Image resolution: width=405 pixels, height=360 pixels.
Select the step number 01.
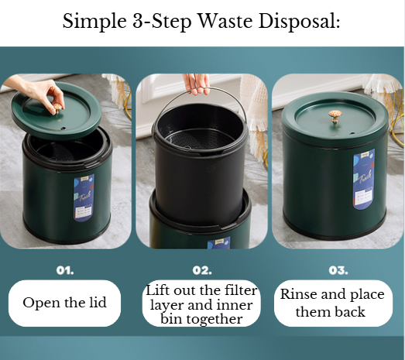pyautogui.click(x=65, y=271)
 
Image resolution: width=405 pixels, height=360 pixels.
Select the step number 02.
pyautogui.click(x=202, y=271)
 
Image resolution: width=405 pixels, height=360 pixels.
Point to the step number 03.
pyautogui.click(x=338, y=271)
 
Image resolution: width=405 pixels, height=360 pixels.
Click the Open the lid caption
pyautogui.click(x=65, y=303)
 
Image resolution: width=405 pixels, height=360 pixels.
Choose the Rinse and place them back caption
pyautogui.click(x=333, y=303)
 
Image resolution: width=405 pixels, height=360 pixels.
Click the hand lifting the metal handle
pyautogui.click(x=197, y=82)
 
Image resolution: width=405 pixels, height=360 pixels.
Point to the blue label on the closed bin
pyautogui.click(x=364, y=178)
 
